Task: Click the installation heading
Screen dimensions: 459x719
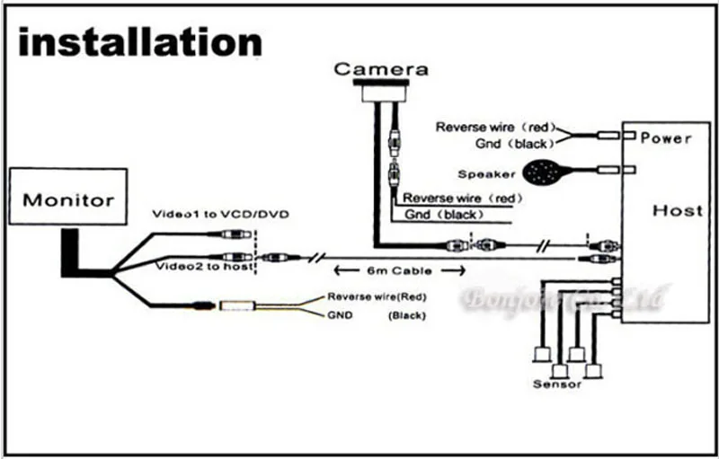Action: pos(140,42)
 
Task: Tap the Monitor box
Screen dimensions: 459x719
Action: pos(68,199)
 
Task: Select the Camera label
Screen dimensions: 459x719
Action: pos(381,69)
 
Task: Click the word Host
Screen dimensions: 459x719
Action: pos(677,210)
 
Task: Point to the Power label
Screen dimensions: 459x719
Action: pos(667,139)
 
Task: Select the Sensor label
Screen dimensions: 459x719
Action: pos(557,384)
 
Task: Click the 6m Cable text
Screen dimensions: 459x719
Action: pos(400,270)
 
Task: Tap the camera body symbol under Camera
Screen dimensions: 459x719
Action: pos(381,92)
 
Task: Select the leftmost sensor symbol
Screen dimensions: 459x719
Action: pos(541,353)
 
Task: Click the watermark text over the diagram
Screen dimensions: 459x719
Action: pos(558,297)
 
